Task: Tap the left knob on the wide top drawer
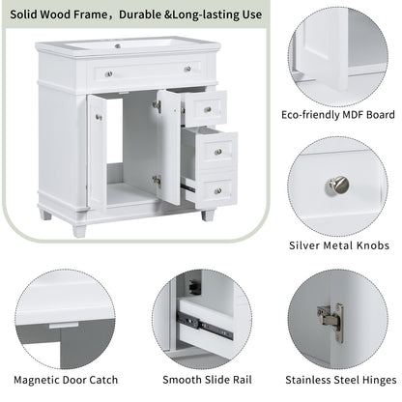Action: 108,74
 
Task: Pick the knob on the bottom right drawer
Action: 218,189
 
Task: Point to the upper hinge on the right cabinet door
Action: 157,105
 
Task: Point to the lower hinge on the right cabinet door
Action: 157,180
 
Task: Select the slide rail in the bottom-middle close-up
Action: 203,327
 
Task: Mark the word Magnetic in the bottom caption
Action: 43,383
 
